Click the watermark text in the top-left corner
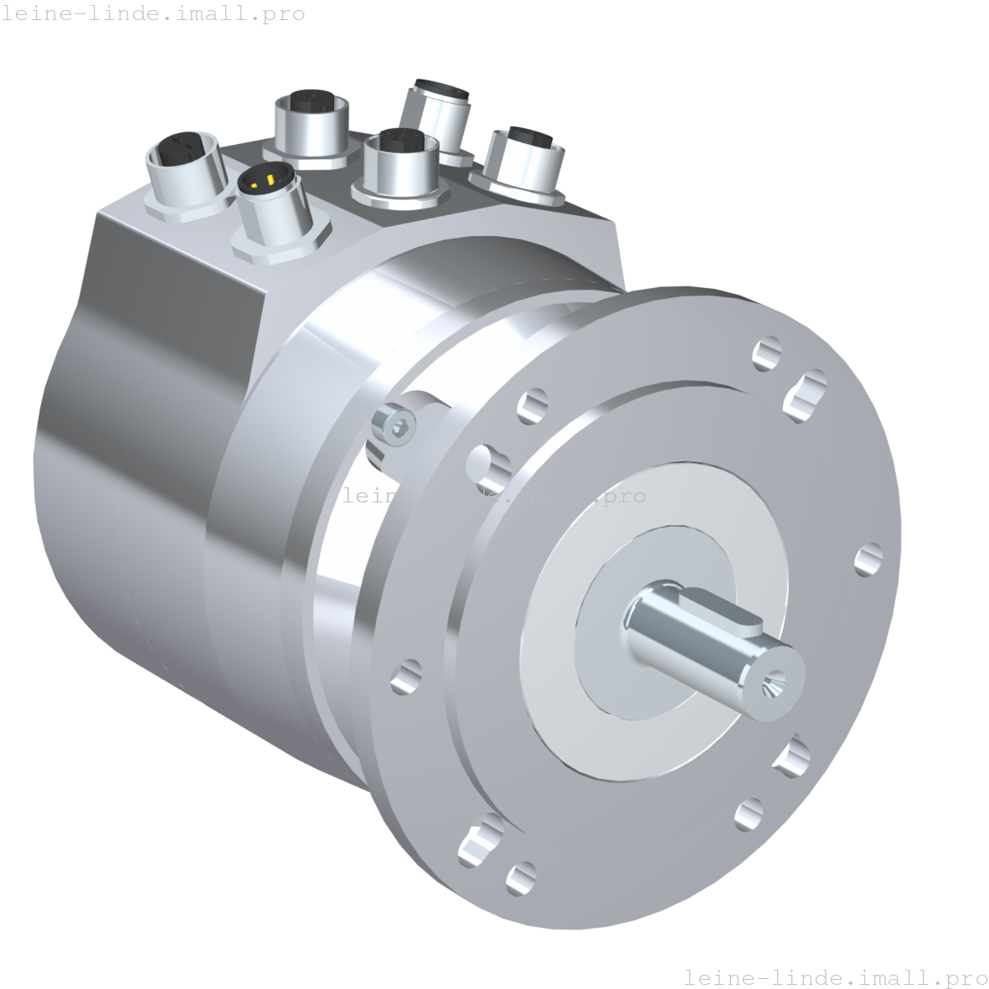click(x=153, y=14)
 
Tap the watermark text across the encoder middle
click(x=494, y=496)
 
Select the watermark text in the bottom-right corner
click(x=835, y=977)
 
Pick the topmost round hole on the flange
click(x=766, y=353)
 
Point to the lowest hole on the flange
click(x=521, y=878)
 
